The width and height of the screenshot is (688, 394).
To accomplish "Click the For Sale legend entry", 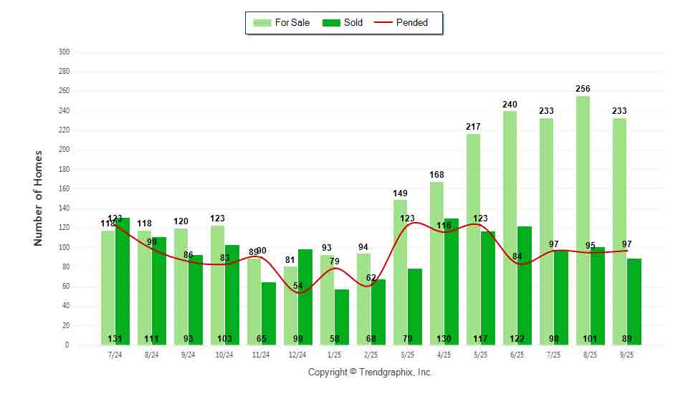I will [x=282, y=23].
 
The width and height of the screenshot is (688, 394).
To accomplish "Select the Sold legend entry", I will [x=343, y=23].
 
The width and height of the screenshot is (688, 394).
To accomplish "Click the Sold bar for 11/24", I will [x=269, y=308].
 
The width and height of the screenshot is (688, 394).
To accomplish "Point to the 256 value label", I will [x=583, y=89].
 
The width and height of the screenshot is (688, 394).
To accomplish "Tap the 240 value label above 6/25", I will [x=510, y=105].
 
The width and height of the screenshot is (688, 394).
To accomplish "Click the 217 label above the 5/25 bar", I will [x=473, y=127].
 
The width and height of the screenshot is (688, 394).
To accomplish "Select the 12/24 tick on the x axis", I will [x=297, y=355].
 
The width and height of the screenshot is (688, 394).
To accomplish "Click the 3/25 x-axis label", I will [x=407, y=355].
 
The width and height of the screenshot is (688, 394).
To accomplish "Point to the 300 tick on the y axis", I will [x=64, y=52].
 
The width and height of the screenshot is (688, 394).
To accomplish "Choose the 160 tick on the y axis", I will [x=64, y=189].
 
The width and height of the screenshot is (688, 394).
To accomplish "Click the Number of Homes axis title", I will [x=39, y=198].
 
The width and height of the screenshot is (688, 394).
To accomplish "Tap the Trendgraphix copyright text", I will [x=370, y=373].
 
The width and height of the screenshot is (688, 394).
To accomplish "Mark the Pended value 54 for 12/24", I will [x=298, y=286].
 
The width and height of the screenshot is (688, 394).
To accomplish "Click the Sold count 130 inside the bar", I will [x=444, y=339].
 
